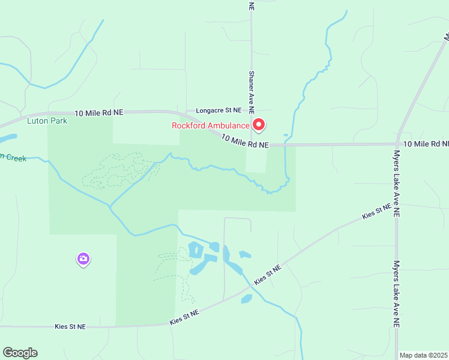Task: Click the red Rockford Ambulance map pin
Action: [259, 125]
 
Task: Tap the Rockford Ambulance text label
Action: [210, 125]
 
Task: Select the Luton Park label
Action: [47, 121]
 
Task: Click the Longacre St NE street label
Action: [218, 110]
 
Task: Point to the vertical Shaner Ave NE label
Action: [252, 92]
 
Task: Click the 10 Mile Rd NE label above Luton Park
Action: [99, 113]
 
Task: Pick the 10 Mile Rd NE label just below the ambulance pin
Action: [244, 142]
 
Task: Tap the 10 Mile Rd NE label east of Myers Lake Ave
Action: [426, 144]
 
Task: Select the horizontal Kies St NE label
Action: [70, 326]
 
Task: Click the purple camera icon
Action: [83, 259]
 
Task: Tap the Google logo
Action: [20, 353]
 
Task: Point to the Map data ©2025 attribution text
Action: [424, 355]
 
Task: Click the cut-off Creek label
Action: [12, 158]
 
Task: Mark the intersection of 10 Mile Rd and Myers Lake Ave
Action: [397, 144]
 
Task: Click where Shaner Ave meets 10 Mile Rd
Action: [252, 145]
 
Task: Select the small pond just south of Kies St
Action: [247, 298]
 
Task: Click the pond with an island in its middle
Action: [196, 249]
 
